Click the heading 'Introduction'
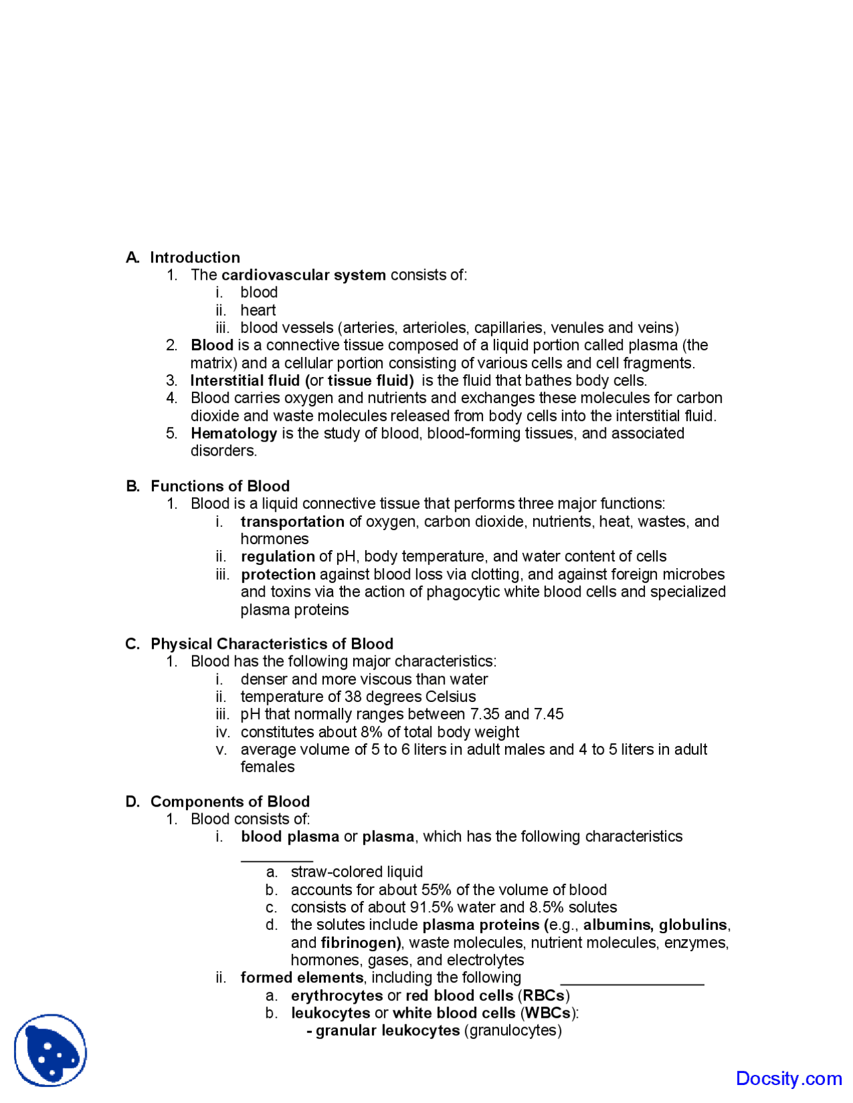(x=195, y=258)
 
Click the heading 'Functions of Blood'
(x=220, y=486)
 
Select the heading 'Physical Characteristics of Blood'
(x=272, y=644)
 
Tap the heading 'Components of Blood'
(x=230, y=802)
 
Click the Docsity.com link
(x=788, y=1078)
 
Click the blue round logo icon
(x=51, y=1050)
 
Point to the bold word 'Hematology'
(x=234, y=434)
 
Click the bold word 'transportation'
(x=293, y=522)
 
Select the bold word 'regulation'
(x=278, y=557)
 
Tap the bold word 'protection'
(x=279, y=575)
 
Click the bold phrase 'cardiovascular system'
(x=303, y=275)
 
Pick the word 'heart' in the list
(x=258, y=310)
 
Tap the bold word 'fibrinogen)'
(x=361, y=943)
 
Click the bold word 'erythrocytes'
(x=337, y=996)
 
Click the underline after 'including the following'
(x=632, y=983)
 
